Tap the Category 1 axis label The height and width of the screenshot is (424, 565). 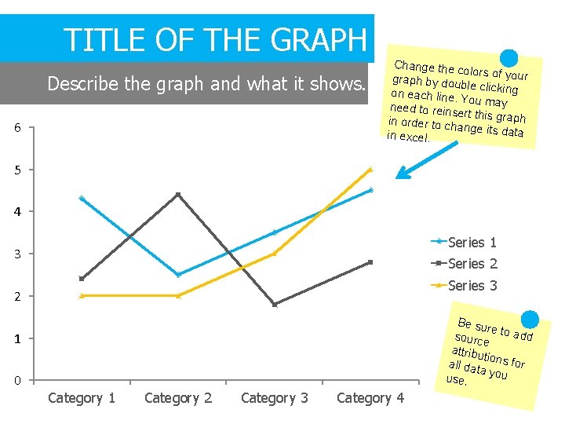tap(82, 398)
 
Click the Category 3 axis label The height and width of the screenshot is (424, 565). tap(275, 398)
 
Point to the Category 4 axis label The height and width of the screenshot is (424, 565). tap(370, 398)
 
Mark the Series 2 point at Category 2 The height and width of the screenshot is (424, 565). tap(178, 194)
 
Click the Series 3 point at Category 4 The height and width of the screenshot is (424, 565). tap(370, 169)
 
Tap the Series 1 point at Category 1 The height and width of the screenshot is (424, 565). tap(82, 199)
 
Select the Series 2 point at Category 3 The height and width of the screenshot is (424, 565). tap(275, 305)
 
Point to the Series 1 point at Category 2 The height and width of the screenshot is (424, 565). tap(178, 275)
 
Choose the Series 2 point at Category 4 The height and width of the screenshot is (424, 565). tap(370, 262)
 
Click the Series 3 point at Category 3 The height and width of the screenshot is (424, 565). tap(275, 254)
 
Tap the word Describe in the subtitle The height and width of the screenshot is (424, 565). tap(79, 83)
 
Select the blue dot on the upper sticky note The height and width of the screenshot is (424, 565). tap(509, 58)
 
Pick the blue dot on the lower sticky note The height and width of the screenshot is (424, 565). tap(530, 320)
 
